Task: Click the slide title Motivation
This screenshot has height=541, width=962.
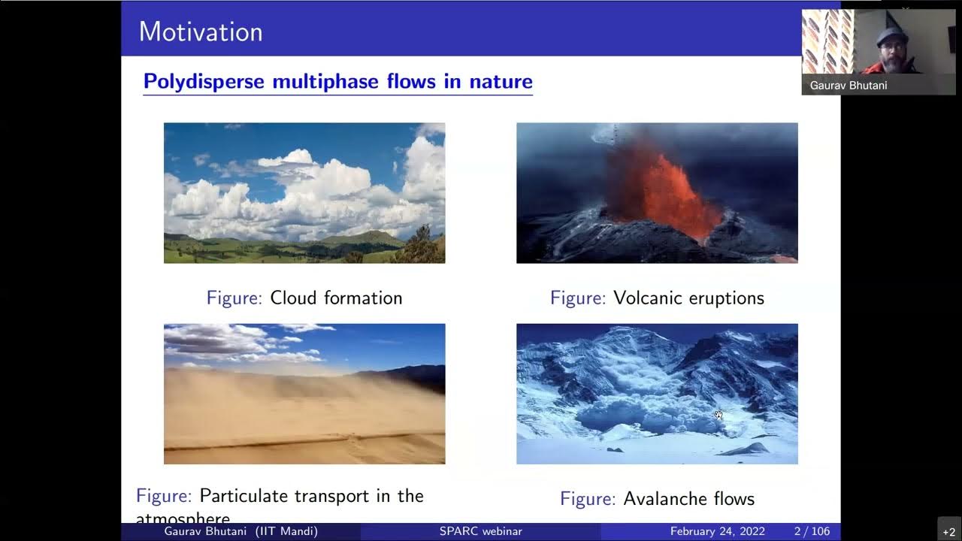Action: [201, 32]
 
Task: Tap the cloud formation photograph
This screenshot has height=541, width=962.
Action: [304, 193]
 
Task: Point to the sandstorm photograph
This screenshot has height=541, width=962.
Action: [304, 394]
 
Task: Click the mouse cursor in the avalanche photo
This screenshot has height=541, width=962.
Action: [718, 415]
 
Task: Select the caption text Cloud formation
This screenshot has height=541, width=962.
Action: [336, 298]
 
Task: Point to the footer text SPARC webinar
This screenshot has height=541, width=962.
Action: [481, 531]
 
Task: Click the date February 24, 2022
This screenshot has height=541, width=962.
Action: [717, 531]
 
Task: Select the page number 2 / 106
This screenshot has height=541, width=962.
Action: [812, 531]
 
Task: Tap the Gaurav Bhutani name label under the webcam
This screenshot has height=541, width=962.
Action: [849, 86]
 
